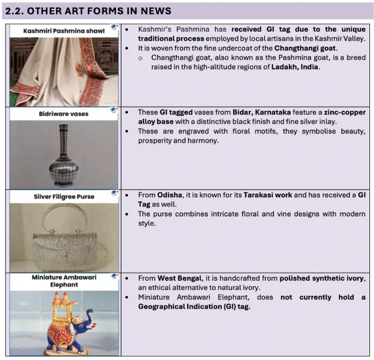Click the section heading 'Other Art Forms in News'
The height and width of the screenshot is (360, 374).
(x=88, y=11)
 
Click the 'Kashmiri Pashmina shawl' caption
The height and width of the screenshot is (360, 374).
(x=64, y=31)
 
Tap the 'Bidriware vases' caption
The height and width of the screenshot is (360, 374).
(x=64, y=114)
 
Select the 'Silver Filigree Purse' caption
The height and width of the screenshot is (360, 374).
(x=64, y=196)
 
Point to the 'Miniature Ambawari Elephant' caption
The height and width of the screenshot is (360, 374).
(x=64, y=281)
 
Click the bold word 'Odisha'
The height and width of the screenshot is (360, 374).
(x=169, y=195)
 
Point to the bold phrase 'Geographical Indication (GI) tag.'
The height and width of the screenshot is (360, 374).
(x=194, y=307)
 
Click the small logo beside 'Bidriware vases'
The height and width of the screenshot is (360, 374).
(x=115, y=110)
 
